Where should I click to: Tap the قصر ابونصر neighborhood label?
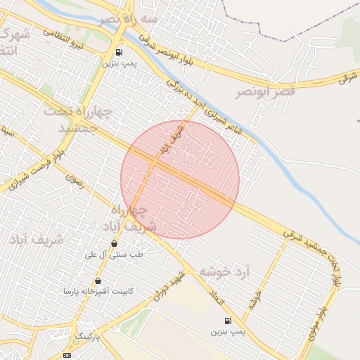[265, 91]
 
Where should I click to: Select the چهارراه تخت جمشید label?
[78, 120]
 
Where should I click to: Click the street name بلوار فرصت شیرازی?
[33, 168]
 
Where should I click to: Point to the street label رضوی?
[75, 181]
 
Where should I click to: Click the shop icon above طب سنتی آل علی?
[114, 244]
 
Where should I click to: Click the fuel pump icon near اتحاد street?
[227, 321]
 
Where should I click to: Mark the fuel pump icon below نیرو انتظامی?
[118, 52]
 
